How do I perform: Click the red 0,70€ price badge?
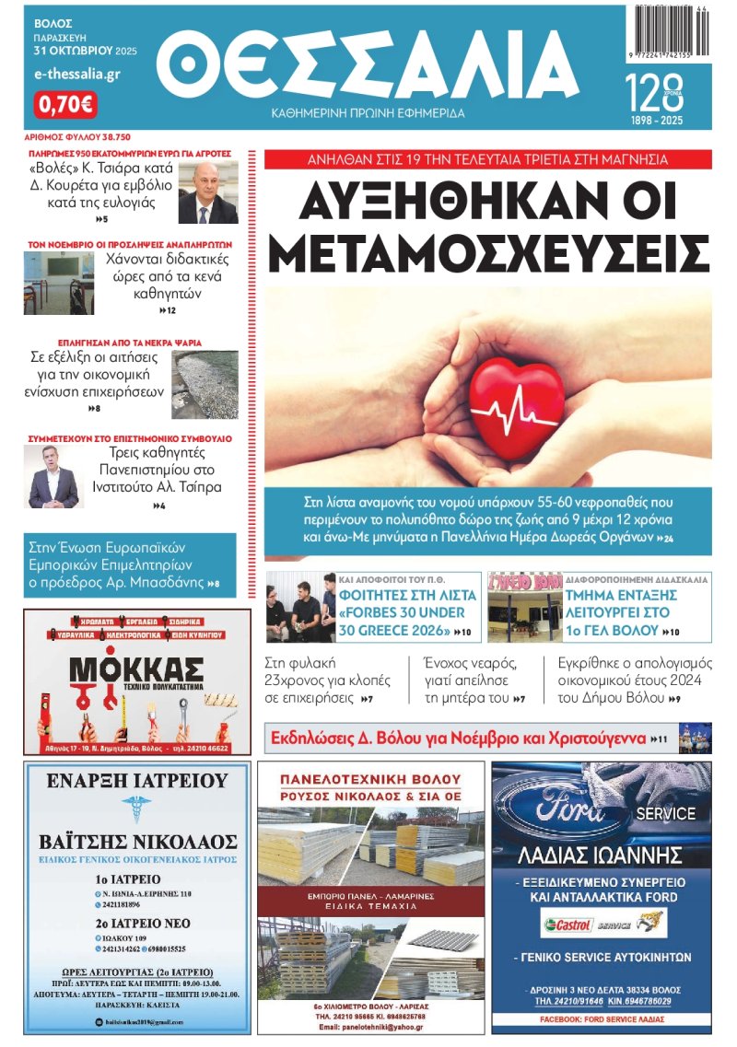(64, 104)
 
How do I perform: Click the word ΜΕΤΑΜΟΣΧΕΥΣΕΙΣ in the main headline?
(488, 250)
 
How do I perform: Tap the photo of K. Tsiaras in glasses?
(207, 192)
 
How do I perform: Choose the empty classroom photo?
(53, 283)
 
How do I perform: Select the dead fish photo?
(205, 384)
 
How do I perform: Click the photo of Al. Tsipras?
(53, 477)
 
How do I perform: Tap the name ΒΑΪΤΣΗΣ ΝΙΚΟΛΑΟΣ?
(138, 842)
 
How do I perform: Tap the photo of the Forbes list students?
(300, 607)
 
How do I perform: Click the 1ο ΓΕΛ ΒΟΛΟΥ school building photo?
(523, 607)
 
